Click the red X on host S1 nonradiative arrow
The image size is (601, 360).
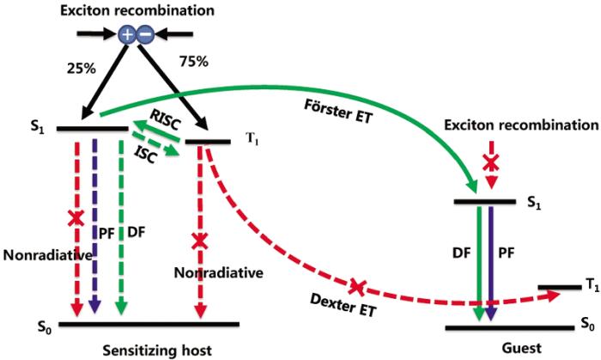click(x=76, y=220)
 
